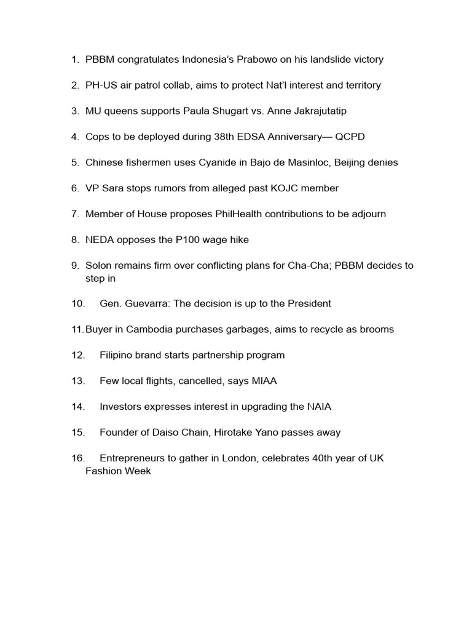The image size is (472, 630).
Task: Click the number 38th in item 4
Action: pyautogui.click(x=218, y=137)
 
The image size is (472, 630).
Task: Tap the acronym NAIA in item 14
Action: pyautogui.click(x=320, y=407)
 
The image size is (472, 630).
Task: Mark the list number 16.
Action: pyautogui.click(x=78, y=458)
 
